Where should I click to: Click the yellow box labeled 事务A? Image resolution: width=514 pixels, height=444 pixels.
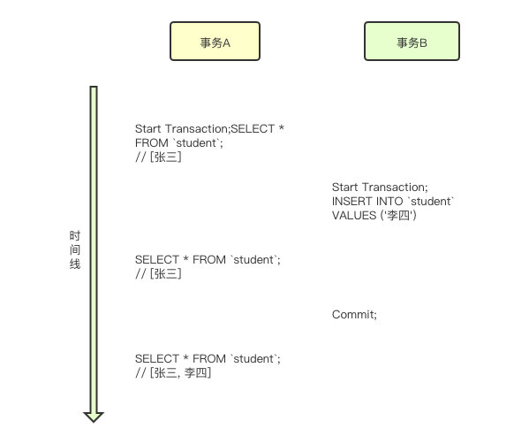click(x=215, y=41)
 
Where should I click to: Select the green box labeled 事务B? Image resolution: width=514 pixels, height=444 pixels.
click(x=412, y=41)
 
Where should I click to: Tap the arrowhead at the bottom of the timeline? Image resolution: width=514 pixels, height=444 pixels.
click(x=94, y=417)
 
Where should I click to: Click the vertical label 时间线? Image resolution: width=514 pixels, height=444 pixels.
click(x=75, y=250)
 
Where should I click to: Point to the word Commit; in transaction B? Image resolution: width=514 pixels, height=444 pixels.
click(x=354, y=315)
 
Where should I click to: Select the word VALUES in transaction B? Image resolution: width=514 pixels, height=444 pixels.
click(x=354, y=216)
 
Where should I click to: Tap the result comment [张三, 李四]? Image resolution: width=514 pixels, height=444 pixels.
click(x=180, y=373)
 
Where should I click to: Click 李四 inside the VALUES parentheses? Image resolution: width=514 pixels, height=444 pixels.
click(x=398, y=216)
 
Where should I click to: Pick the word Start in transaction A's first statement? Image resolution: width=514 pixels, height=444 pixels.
click(x=147, y=129)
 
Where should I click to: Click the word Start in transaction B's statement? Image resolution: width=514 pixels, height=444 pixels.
click(x=344, y=188)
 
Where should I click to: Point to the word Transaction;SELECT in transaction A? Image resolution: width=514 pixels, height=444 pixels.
click(x=220, y=129)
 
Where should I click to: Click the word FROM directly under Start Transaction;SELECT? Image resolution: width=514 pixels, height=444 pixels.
click(x=151, y=143)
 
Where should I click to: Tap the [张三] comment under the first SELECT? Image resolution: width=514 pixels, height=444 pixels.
click(x=165, y=157)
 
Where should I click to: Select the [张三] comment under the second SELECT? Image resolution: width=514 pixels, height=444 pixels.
click(x=165, y=273)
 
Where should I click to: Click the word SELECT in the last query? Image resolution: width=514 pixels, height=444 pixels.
click(x=157, y=358)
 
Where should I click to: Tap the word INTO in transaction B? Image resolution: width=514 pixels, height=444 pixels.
click(x=389, y=201)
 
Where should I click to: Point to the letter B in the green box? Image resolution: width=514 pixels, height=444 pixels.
click(x=423, y=43)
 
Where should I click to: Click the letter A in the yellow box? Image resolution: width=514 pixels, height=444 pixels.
click(x=226, y=43)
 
